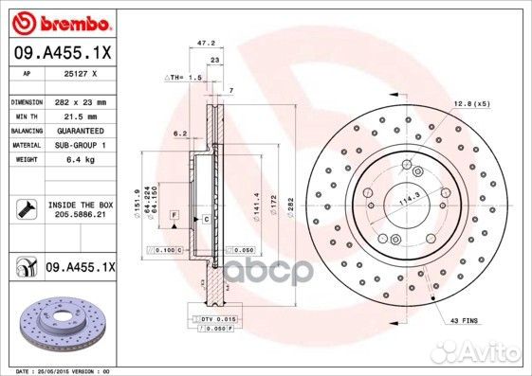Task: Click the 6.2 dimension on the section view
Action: (178, 134)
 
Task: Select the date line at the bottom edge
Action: (57, 371)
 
